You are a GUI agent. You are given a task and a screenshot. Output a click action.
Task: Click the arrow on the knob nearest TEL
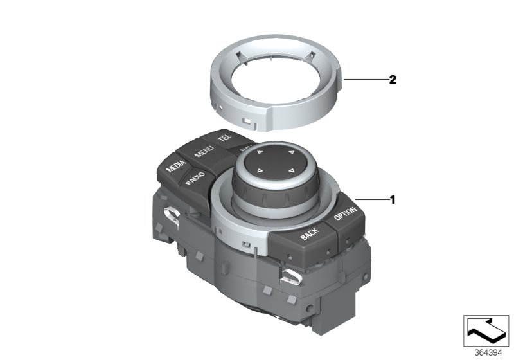[x=260, y=153]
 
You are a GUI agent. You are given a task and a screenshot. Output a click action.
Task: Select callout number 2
[x=391, y=80]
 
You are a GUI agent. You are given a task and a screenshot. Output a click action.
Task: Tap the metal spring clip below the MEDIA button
[x=172, y=215]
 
